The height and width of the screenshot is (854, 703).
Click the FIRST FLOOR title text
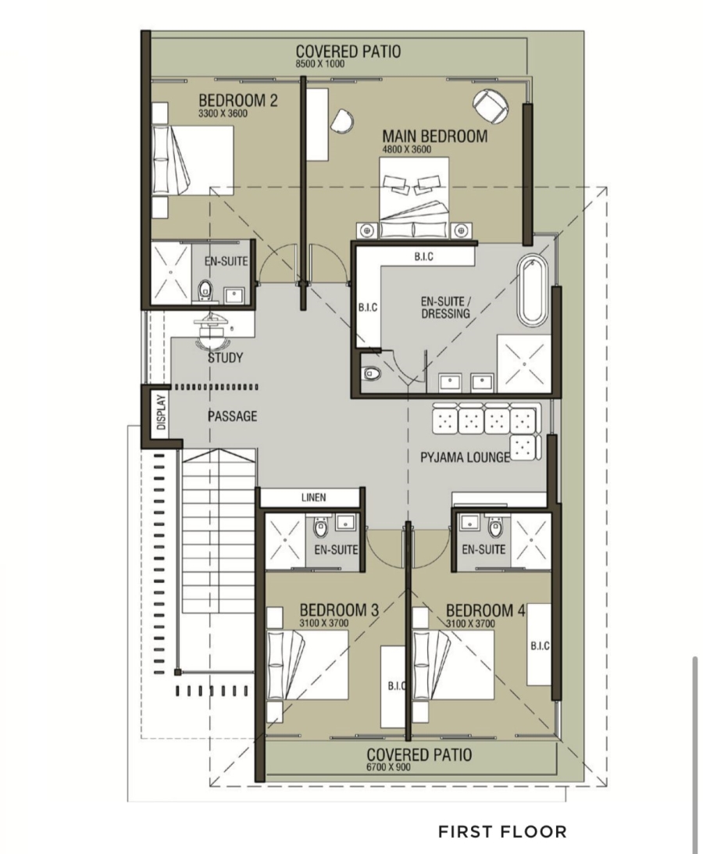pyautogui.click(x=502, y=831)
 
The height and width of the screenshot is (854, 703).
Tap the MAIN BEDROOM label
pyautogui.click(x=434, y=136)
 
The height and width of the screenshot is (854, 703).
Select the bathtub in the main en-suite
pyautogui.click(x=530, y=291)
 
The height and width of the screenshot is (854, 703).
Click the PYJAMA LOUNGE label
pyautogui.click(x=465, y=457)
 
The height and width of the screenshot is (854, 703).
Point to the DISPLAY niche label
pyautogui.click(x=161, y=413)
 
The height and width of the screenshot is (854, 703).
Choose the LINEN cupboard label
pyautogui.click(x=314, y=497)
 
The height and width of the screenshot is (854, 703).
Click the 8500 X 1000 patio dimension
pyautogui.click(x=319, y=64)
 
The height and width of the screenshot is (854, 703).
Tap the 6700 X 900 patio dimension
pyautogui.click(x=388, y=766)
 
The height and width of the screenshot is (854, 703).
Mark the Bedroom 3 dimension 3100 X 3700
pyautogui.click(x=323, y=623)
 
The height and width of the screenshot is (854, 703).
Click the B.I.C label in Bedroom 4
pyautogui.click(x=540, y=646)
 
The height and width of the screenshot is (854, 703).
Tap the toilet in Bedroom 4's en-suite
pyautogui.click(x=495, y=527)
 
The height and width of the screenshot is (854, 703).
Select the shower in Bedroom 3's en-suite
pyautogui.click(x=285, y=541)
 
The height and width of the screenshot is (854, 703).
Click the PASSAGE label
pyautogui.click(x=232, y=416)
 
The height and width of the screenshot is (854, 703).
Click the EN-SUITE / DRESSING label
pyautogui.click(x=445, y=308)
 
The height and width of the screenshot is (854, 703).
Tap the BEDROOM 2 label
pyautogui.click(x=238, y=101)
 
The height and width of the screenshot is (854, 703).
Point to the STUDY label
pyautogui.click(x=225, y=358)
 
